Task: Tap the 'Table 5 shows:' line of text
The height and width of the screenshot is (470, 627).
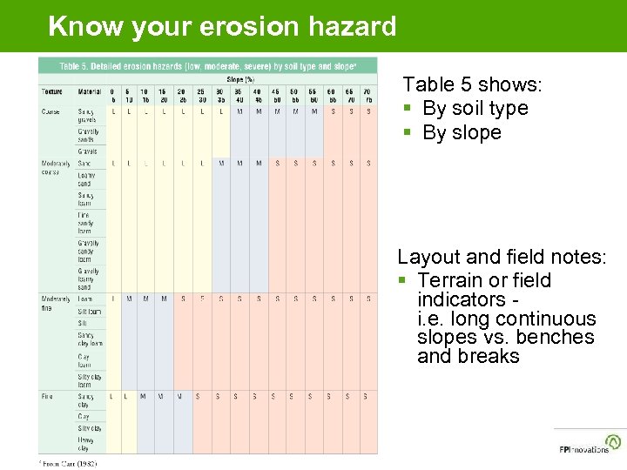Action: tap(472, 84)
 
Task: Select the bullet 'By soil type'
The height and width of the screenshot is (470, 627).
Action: tap(475, 109)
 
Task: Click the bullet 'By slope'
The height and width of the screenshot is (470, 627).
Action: tap(462, 133)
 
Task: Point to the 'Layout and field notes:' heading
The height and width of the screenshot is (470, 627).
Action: tap(501, 257)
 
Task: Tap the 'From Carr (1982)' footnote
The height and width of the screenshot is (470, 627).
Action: tap(70, 463)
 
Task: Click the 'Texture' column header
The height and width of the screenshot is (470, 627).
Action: tap(51, 91)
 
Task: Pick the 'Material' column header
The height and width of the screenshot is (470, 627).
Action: tap(89, 91)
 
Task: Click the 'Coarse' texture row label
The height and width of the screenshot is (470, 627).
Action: tap(51, 111)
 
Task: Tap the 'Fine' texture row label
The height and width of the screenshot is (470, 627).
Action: tap(47, 397)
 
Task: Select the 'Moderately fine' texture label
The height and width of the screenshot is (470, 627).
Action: tap(56, 303)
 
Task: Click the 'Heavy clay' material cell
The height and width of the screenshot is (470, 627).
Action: tap(87, 444)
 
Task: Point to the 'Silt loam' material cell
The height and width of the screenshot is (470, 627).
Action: tap(90, 312)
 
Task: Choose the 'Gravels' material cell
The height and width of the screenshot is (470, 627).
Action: tap(88, 151)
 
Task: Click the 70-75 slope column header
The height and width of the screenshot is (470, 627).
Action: tap(368, 95)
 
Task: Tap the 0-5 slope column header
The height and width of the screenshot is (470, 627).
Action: tap(112, 95)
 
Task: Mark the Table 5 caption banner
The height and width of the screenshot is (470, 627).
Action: tap(207, 66)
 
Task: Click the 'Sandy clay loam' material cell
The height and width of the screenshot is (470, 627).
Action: tap(90, 339)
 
